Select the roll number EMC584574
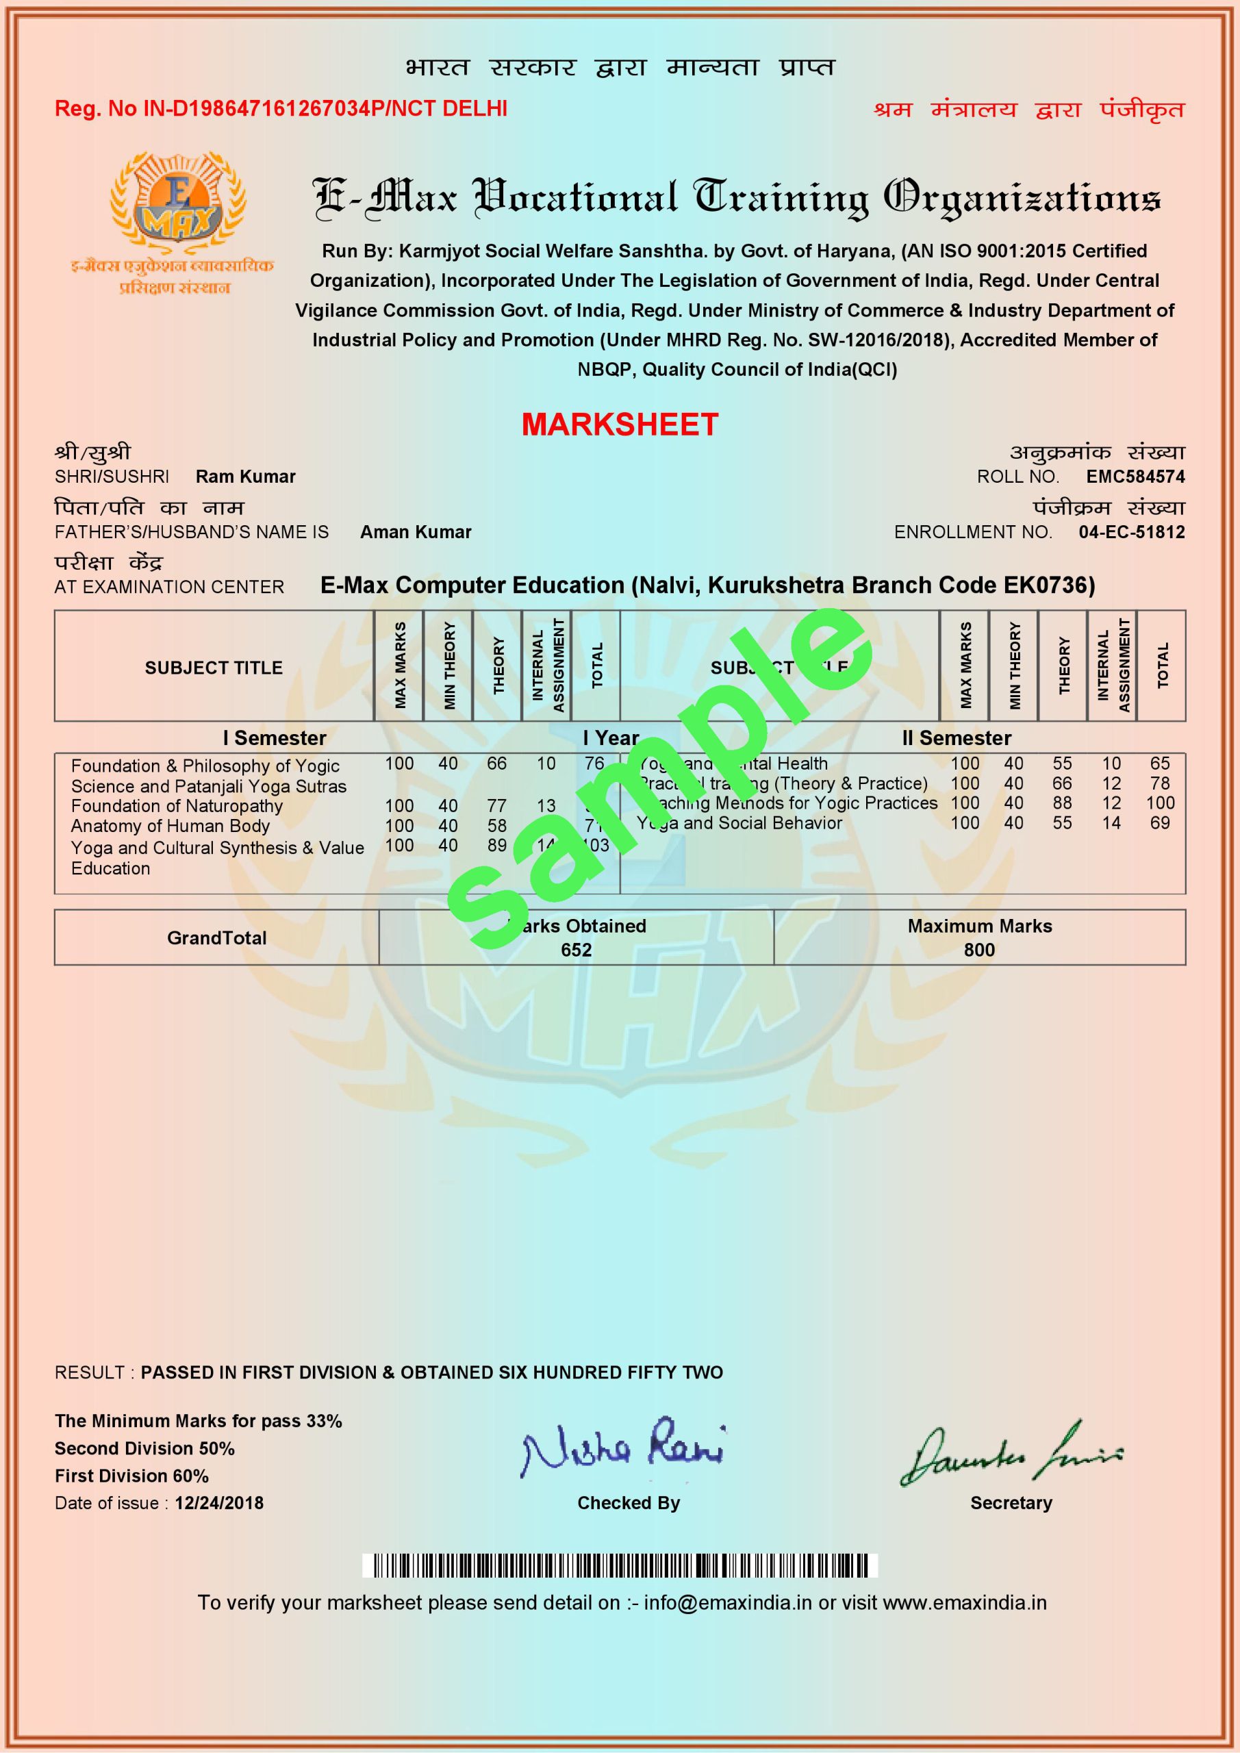[1135, 477]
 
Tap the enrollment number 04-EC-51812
[1132, 532]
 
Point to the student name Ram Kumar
[245, 477]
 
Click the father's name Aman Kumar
[416, 532]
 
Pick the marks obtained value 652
[576, 950]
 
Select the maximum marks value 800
[979, 950]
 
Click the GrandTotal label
[217, 937]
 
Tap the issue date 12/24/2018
[219, 1502]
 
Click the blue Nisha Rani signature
[622, 1448]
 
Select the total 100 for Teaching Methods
[1159, 803]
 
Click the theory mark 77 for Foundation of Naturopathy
[497, 805]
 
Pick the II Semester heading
[956, 737]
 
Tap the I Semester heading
[274, 737]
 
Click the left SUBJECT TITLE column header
[214, 667]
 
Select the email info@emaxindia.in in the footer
[727, 1602]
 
